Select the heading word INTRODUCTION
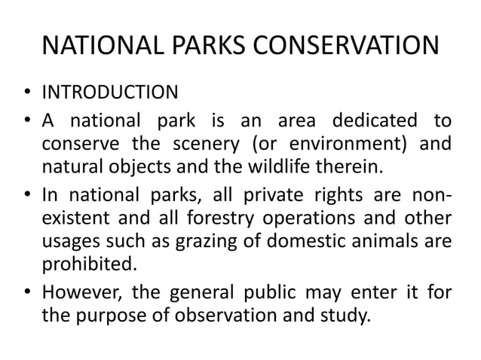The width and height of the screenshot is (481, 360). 109,94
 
